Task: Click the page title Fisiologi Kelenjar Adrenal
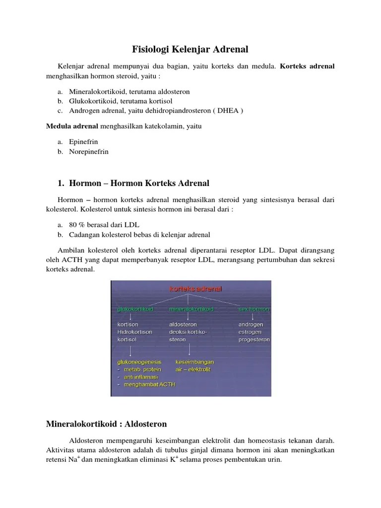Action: pos(190,49)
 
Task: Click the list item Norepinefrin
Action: pos(89,151)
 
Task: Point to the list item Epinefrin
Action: pos(83,142)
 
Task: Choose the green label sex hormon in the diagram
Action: pos(254,309)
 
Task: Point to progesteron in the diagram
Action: pos(254,340)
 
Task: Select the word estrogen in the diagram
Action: pos(251,332)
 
